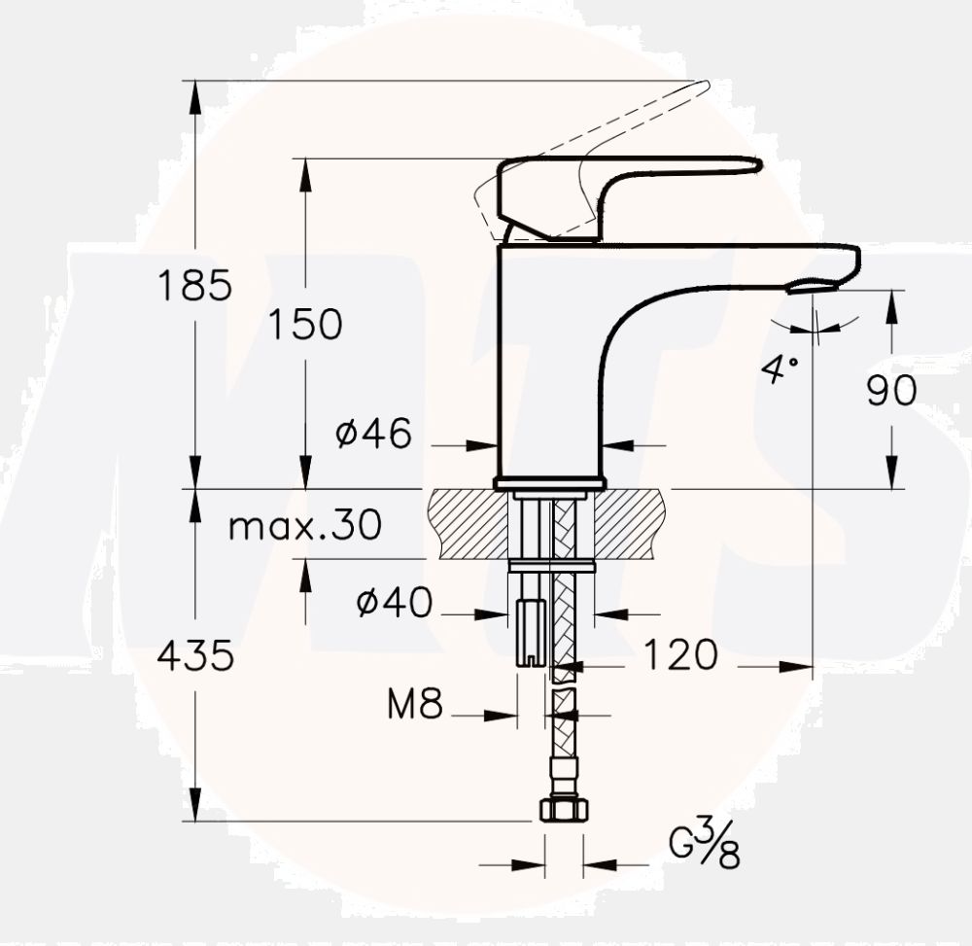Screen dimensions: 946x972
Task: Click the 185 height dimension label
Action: [x=195, y=287]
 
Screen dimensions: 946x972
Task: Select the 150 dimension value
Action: [x=305, y=325]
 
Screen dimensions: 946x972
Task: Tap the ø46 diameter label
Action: [x=374, y=434]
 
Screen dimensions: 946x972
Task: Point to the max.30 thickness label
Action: [x=304, y=526]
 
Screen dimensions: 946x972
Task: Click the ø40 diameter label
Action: [x=394, y=604]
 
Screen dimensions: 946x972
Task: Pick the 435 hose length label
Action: [x=195, y=657]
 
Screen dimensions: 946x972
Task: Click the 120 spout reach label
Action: [x=679, y=656]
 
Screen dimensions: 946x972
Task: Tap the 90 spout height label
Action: [x=891, y=391]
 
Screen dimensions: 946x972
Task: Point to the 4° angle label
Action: [x=780, y=368]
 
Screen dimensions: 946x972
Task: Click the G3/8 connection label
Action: [x=705, y=844]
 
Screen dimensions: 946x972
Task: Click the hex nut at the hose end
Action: [x=564, y=809]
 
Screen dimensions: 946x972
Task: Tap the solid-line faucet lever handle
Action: [x=622, y=185]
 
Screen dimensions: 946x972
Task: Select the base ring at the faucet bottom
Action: [x=549, y=483]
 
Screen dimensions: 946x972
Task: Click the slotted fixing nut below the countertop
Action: [x=530, y=632]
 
